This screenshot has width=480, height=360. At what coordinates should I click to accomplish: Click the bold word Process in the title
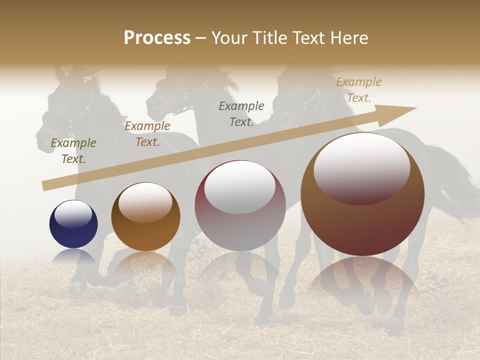coord(157,38)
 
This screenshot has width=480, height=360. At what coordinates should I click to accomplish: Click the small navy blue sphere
coord(73,224)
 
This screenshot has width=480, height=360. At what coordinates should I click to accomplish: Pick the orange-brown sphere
coord(145,216)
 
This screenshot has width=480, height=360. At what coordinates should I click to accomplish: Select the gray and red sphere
coord(240,205)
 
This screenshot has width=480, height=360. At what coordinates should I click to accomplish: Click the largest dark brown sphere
coord(362,195)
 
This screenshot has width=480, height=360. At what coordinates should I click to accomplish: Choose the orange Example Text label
coord(147,134)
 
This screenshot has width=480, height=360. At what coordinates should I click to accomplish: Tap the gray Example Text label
coord(241,114)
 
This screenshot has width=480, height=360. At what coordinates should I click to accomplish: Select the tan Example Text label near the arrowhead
coord(359,90)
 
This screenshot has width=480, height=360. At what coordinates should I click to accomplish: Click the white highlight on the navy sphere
coord(73,213)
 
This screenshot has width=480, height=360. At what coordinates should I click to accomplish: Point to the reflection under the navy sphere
coord(73,257)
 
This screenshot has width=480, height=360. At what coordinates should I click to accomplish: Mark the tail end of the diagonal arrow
coord(45,185)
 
